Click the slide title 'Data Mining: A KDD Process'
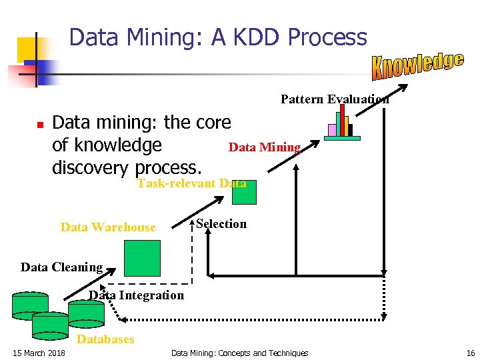tap(218, 37)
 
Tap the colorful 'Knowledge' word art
tap(417, 64)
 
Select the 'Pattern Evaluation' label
tap(335, 99)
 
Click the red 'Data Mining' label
tap(265, 147)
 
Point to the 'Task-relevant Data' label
tap(191, 183)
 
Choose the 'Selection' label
tap(221, 224)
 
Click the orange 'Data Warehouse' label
tap(108, 227)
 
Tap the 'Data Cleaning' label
tap(61, 267)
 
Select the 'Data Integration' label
tap(137, 295)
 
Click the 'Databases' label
tap(106, 339)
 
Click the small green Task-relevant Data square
tap(243, 192)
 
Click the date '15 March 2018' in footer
tap(39, 353)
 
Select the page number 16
tap(471, 353)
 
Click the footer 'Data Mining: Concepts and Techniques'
tap(240, 353)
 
